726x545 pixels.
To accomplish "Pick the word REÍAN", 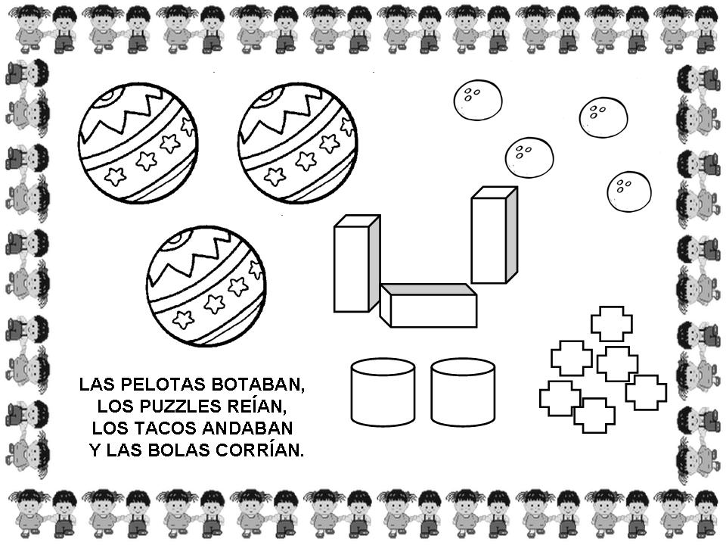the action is point(254,406).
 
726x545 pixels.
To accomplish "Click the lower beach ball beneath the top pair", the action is point(206,286).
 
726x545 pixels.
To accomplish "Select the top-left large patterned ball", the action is point(138,143).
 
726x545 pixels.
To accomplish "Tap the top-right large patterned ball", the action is point(298,143).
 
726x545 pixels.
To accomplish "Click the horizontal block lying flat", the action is point(429,306).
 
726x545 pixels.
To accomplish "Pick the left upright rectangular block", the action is point(357,263).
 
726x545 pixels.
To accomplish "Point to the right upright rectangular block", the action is point(494,235).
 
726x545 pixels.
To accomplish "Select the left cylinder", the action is point(383,391).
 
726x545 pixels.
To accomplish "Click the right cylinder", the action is point(463,391).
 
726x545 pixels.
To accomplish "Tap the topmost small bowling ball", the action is point(478,100).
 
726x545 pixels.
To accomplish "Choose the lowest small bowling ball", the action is point(629,192).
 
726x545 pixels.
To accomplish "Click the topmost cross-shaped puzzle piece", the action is point(612,323).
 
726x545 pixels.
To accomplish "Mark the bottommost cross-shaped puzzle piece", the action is point(594,416).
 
